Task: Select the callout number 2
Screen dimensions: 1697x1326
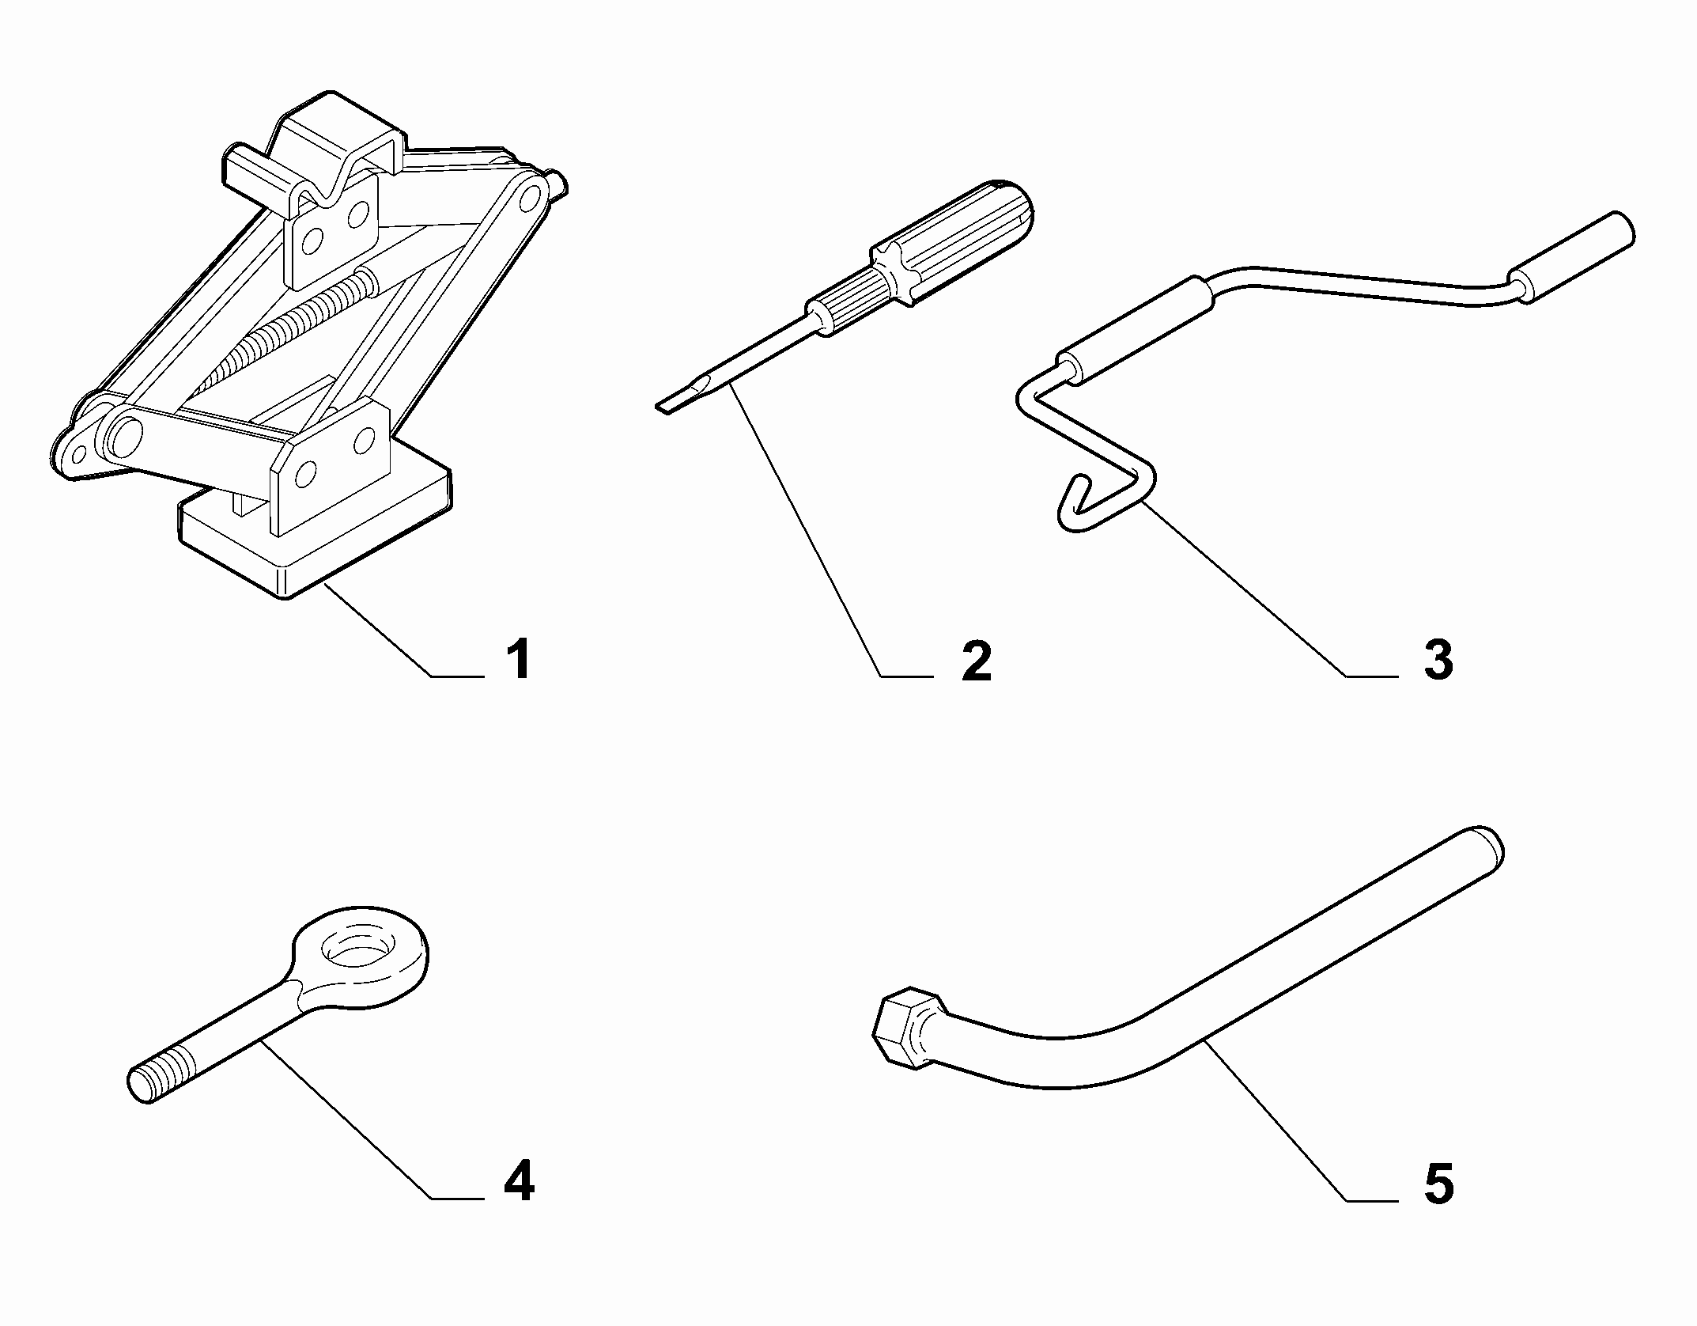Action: pos(977,661)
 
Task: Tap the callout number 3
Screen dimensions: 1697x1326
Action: pos(1438,661)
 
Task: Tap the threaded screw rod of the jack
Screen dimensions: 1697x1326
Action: pos(277,336)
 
